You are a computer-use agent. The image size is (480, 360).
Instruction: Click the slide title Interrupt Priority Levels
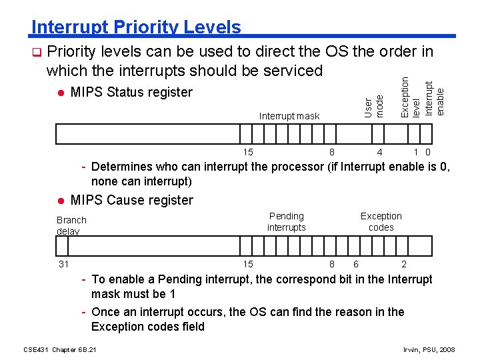(136, 27)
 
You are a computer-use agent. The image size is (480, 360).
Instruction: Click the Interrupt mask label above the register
(289, 116)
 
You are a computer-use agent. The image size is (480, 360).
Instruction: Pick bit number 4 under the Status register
(379, 152)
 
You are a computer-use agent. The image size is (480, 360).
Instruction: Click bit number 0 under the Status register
(429, 152)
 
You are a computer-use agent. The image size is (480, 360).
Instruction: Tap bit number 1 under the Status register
(416, 152)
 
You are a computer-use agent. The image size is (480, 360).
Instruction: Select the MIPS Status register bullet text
(131, 92)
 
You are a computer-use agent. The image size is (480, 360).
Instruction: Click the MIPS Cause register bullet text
(131, 200)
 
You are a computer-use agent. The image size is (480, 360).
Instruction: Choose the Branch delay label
(71, 225)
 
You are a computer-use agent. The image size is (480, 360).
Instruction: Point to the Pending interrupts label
(286, 221)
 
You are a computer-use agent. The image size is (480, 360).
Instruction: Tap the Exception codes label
(381, 221)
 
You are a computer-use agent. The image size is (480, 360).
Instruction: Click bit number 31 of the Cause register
(63, 264)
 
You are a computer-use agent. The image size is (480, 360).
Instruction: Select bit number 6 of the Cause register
(356, 264)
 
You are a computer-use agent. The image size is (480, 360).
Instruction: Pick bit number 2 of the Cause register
(404, 264)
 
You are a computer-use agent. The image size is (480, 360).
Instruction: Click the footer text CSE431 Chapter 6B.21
(59, 349)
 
